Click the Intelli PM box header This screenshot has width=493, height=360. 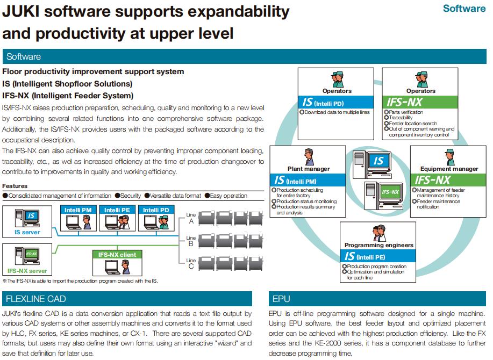[78, 210]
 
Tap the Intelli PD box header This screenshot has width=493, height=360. [156, 210]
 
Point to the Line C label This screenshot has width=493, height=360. [191, 264]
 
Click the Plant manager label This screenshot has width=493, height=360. [309, 169]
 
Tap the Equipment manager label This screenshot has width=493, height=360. [449, 169]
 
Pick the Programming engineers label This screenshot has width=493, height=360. [379, 245]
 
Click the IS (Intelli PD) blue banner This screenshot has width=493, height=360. [337, 102]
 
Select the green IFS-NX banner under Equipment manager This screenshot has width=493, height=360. [449, 180]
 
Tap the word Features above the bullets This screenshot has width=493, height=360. [15, 186]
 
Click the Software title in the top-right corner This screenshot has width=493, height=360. [464, 9]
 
